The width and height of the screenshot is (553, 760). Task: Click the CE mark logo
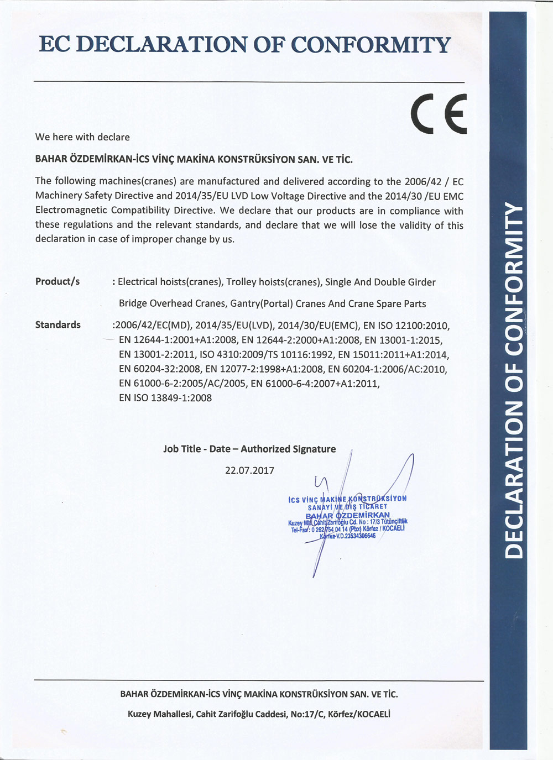tap(439, 113)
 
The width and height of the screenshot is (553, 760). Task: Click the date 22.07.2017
tap(249, 470)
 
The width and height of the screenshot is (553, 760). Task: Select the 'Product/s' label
tap(58, 281)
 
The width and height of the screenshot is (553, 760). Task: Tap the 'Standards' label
tap(58, 324)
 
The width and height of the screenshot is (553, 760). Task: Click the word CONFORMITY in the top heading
tap(371, 45)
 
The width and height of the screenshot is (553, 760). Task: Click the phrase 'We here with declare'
tap(82, 137)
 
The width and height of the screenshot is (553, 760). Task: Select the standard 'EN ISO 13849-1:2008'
tap(165, 397)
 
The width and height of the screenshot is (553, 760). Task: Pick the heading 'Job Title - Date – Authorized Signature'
tap(249, 449)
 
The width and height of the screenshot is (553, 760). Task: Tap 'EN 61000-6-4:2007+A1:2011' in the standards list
tap(315, 383)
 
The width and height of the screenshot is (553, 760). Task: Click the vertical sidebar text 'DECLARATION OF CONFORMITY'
tap(514, 381)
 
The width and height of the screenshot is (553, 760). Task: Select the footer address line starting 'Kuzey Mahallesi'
tap(259, 714)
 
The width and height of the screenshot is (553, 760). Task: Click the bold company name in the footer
tap(259, 694)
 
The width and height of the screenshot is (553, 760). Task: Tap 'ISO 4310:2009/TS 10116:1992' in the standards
tap(266, 354)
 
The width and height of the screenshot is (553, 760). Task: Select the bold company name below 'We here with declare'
tap(194, 159)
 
